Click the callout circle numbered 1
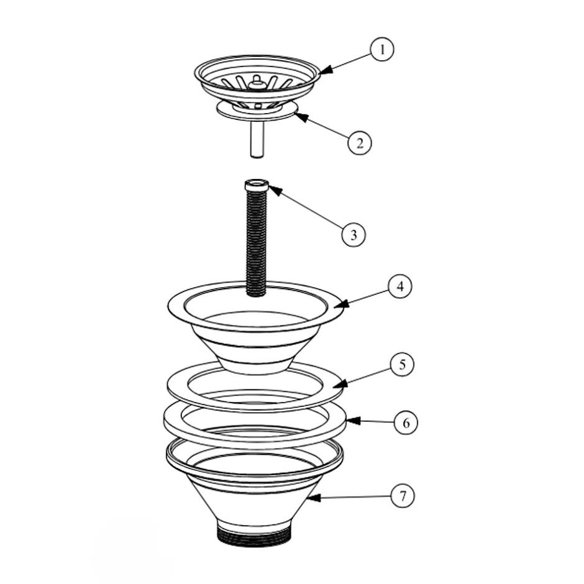pyautogui.click(x=381, y=49)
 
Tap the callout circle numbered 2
pyautogui.click(x=360, y=143)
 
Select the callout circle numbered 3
pyautogui.click(x=354, y=235)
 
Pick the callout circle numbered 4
pyautogui.click(x=400, y=286)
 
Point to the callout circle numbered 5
pyautogui.click(x=402, y=364)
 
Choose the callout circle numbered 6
pyautogui.click(x=406, y=422)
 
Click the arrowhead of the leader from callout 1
pyautogui.click(x=325, y=70)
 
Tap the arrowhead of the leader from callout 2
pyautogui.click(x=301, y=116)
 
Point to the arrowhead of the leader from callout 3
pyautogui.click(x=275, y=191)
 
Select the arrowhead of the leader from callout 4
pyautogui.click(x=342, y=304)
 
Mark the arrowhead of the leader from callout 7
pyautogui.click(x=314, y=498)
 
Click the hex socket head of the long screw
pyautogui.click(x=256, y=185)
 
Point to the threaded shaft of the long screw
pyautogui.click(x=256, y=242)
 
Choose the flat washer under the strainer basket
pyautogui.click(x=257, y=111)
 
